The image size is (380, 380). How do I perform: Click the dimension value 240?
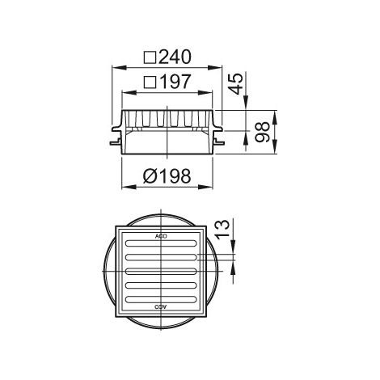(x=175, y=57)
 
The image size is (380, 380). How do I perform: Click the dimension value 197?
(x=175, y=82)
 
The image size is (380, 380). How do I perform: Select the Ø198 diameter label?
(x=167, y=176)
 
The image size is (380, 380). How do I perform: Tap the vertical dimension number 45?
(x=237, y=84)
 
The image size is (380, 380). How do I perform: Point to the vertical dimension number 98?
(x=262, y=132)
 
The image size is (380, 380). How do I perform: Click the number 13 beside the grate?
(x=222, y=229)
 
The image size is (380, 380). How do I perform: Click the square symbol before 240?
(x=150, y=57)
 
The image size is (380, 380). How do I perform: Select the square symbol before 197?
(x=150, y=82)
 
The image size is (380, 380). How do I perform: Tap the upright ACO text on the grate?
(x=161, y=236)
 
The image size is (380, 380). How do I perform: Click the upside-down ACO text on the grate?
(x=161, y=306)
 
